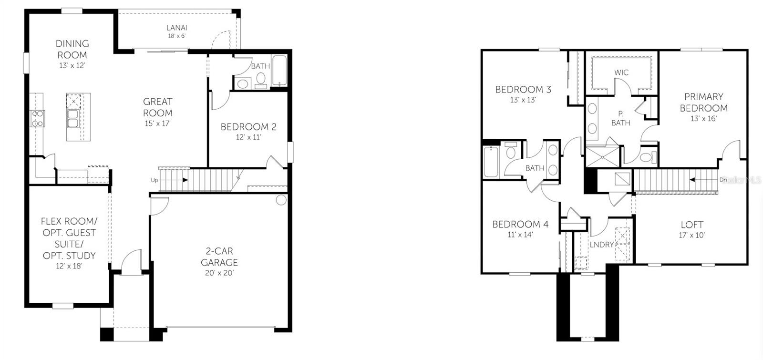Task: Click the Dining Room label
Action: (72, 49)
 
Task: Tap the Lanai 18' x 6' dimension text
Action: (176, 36)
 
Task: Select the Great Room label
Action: (158, 107)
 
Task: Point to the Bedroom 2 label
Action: (248, 127)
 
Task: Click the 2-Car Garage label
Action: (219, 257)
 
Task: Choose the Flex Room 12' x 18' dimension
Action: (69, 266)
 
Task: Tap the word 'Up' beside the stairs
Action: (155, 180)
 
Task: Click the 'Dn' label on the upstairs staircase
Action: (723, 180)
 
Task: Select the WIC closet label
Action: (621, 72)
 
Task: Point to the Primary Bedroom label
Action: (703, 102)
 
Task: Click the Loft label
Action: (692, 225)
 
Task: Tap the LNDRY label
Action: (602, 245)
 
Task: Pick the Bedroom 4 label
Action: (520, 224)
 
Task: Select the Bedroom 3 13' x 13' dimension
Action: (523, 100)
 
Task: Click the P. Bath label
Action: (620, 118)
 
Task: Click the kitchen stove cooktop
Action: (38, 118)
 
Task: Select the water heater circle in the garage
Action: (281, 200)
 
